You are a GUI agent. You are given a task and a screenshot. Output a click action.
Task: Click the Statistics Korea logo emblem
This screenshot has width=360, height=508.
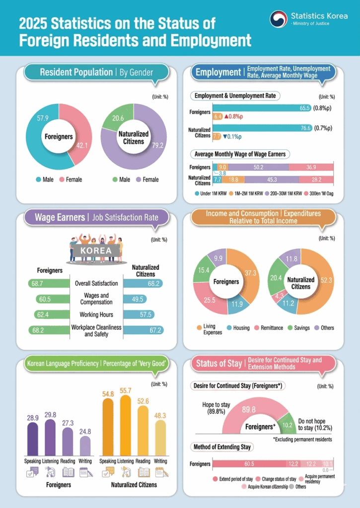(279, 19)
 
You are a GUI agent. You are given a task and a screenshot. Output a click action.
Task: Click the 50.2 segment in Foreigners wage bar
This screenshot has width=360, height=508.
(258, 167)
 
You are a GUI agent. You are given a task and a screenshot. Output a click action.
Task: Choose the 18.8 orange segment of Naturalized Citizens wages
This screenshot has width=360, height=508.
(233, 179)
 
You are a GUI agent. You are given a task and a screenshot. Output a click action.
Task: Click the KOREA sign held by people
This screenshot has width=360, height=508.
(96, 251)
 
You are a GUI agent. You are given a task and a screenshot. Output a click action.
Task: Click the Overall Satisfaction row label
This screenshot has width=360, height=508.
(96, 283)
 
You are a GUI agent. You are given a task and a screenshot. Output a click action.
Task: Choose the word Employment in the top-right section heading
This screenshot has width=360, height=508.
(218, 72)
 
